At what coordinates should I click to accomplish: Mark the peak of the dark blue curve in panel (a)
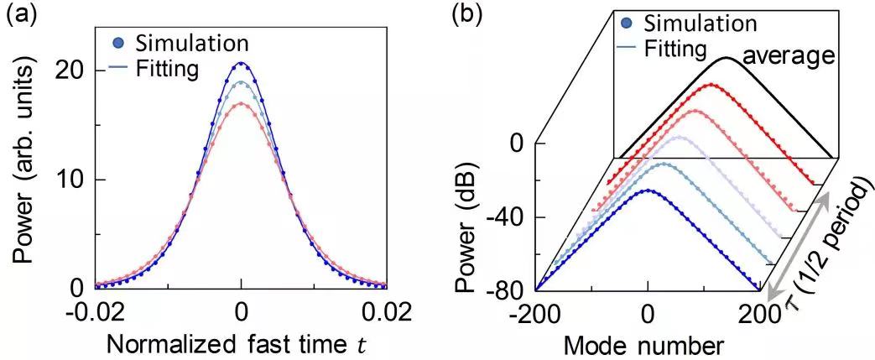(x=242, y=63)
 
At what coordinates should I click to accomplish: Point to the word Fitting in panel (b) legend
(x=677, y=49)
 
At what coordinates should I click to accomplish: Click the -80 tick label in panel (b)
(x=510, y=290)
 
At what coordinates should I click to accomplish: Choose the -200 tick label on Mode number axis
(x=534, y=313)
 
